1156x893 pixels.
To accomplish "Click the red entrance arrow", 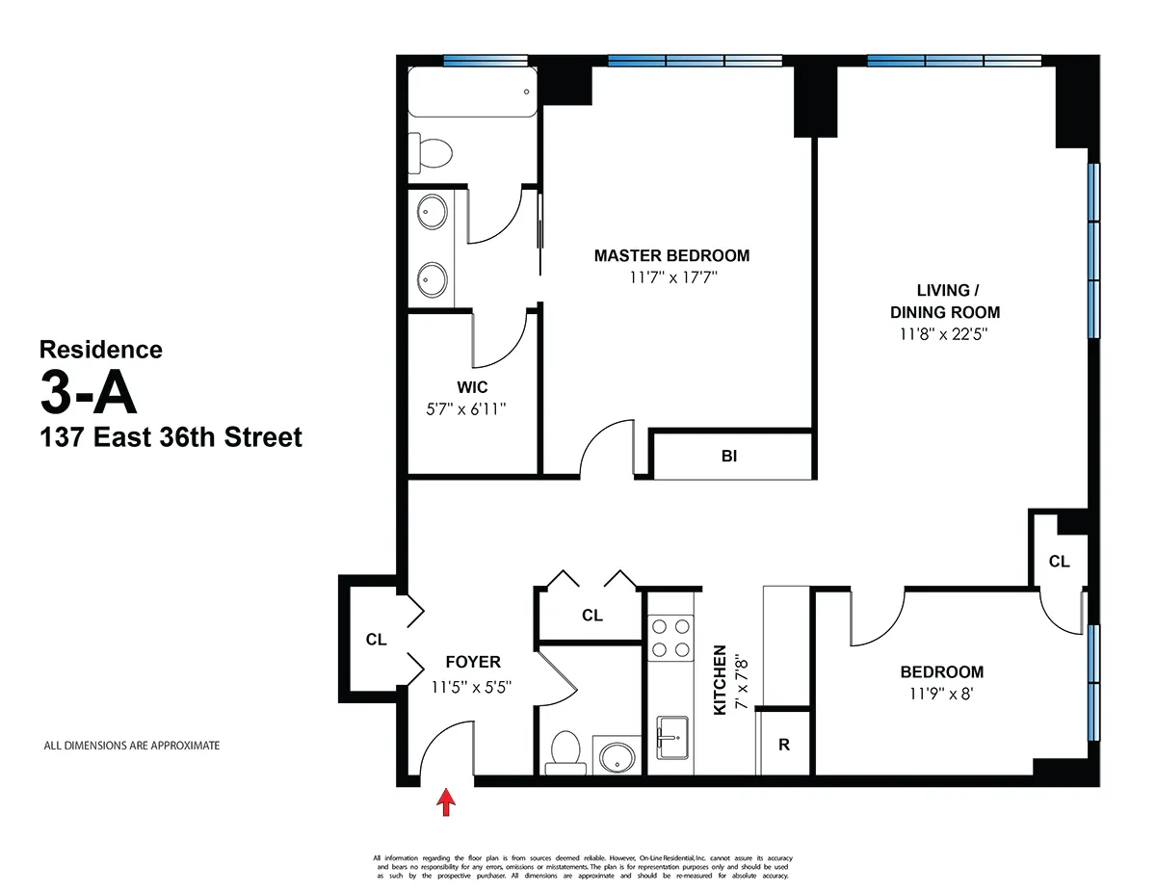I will coord(446,801).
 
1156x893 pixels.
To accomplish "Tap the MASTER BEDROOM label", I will coord(671,256).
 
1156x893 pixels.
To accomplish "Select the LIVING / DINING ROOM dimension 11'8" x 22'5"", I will coord(944,335).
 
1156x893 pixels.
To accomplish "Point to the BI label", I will coord(729,457).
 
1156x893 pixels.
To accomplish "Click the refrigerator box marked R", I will coord(784,744).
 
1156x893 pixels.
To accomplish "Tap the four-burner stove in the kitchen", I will coord(670,637).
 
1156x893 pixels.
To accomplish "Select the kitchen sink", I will coord(670,738).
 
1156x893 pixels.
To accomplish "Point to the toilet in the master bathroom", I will coord(432,151).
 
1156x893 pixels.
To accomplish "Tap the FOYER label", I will coord(473,663).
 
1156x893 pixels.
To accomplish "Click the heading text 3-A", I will coord(89,392).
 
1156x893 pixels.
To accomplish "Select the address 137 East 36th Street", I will coord(171,438).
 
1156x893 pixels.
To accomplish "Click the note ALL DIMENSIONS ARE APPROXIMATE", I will coord(132,746).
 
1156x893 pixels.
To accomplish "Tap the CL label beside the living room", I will coord(1059,562).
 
